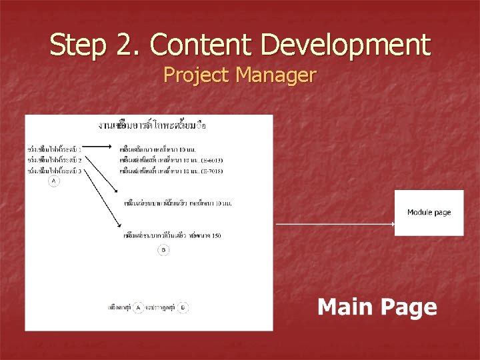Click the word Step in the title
[x=73, y=45]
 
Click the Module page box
[x=429, y=213]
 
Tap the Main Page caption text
[x=377, y=307]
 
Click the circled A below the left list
[x=53, y=181]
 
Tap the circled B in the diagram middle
[x=163, y=250]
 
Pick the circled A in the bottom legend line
[x=138, y=307]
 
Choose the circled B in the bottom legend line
[x=183, y=307]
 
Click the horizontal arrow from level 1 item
[x=101, y=149]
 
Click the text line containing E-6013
[x=171, y=160]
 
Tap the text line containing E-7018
[x=171, y=171]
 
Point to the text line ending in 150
[x=173, y=235]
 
